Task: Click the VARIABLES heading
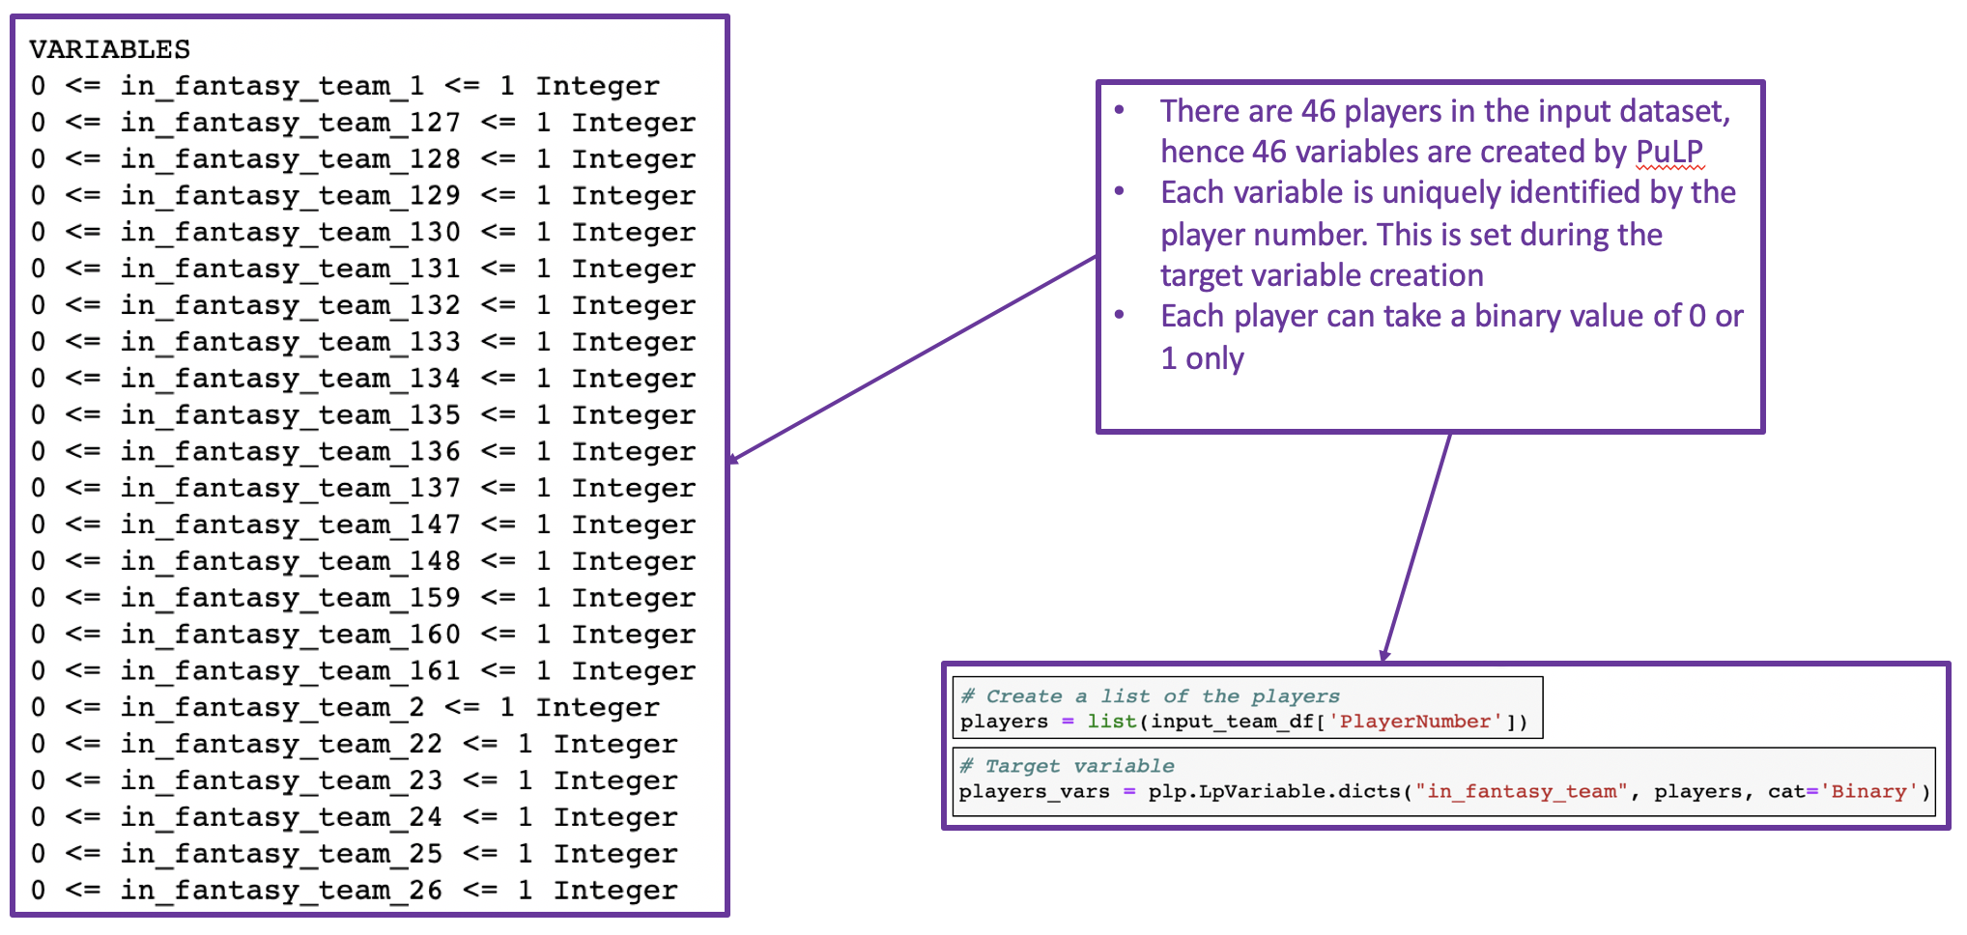(x=109, y=49)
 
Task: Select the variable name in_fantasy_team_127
(x=290, y=124)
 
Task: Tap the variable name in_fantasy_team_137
(x=290, y=489)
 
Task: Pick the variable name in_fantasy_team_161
(x=290, y=671)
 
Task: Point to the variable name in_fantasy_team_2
(x=271, y=708)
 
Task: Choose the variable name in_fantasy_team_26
(x=281, y=891)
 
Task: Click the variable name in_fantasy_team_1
(x=271, y=87)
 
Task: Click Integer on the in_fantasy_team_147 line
(x=633, y=525)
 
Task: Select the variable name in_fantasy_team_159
(x=290, y=599)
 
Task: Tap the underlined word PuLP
(x=1669, y=152)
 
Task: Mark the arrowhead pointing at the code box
(x=1385, y=655)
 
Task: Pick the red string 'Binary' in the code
(x=1868, y=792)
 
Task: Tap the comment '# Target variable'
(x=1067, y=766)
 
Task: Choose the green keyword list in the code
(x=1111, y=722)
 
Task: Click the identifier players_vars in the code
(x=1034, y=792)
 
